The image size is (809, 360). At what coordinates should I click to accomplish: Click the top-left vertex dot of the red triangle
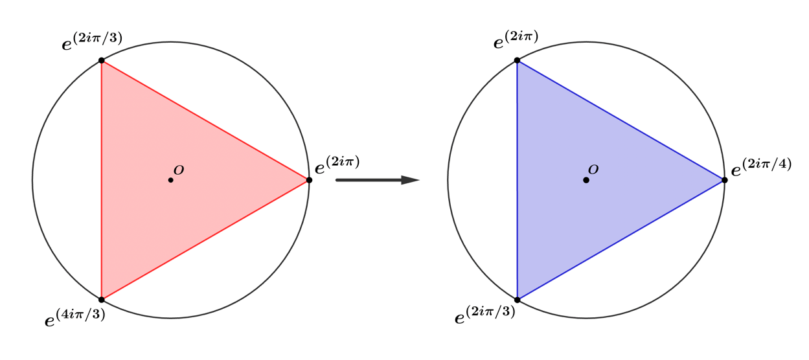pos(102,60)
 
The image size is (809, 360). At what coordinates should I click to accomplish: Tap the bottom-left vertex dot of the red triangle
pos(102,300)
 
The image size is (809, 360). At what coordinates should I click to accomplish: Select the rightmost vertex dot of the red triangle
pos(309,180)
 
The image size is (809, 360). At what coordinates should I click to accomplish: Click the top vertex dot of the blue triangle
pos(517,60)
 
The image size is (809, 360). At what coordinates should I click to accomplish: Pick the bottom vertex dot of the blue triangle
pos(517,300)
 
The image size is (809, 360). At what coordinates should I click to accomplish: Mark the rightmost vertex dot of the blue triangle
pos(725,180)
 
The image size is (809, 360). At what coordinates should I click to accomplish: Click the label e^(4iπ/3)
pos(74,317)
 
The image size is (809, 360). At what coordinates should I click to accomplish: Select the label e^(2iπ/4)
pos(761,167)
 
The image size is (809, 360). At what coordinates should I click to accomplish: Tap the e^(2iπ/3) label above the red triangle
pos(92,41)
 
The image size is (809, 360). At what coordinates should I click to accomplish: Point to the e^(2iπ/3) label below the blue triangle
pos(484,315)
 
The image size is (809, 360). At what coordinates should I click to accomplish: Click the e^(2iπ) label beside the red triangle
pos(337,165)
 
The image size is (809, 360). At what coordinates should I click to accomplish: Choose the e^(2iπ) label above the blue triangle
pos(516,39)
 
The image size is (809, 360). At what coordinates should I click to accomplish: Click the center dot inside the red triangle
pos(170,180)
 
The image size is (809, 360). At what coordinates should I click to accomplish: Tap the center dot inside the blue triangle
pos(586,180)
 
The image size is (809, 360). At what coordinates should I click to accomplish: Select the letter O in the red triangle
pos(179,170)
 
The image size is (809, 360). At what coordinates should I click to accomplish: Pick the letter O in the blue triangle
pos(593,169)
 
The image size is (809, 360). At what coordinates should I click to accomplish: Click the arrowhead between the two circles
pos(410,180)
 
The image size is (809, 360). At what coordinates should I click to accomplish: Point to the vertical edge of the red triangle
pos(102,180)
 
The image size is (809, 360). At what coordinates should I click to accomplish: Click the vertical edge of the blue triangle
pos(517,180)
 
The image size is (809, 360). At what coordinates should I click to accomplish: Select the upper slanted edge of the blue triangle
pos(621,120)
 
